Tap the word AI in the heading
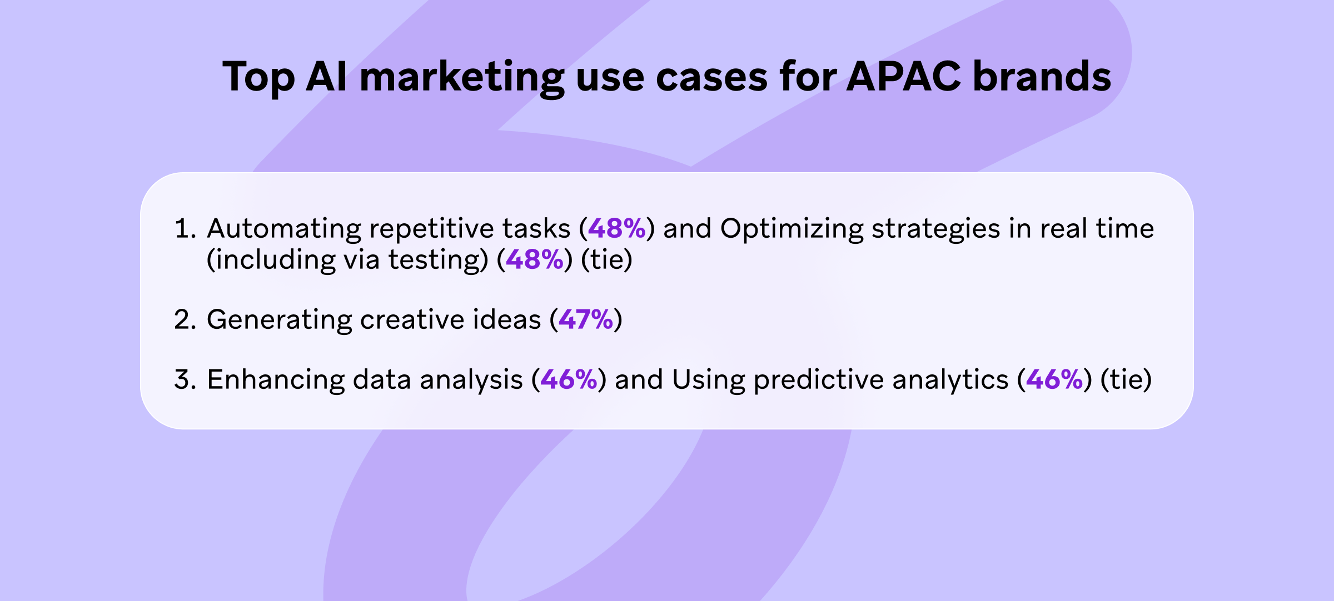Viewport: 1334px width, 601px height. pyautogui.click(x=327, y=76)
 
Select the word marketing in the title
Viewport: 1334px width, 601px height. pyautogui.click(x=462, y=78)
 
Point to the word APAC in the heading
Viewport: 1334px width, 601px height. pyautogui.click(x=904, y=76)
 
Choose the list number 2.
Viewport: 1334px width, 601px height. pyautogui.click(x=185, y=320)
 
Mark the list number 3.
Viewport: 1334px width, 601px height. pyautogui.click(x=185, y=380)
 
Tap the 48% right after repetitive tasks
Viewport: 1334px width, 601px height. pyautogui.click(x=617, y=228)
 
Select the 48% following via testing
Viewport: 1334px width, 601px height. pyautogui.click(x=535, y=259)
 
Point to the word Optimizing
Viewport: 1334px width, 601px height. pyautogui.click(x=792, y=230)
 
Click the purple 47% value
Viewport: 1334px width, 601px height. pyautogui.click(x=586, y=319)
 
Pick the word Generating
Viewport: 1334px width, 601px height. pyautogui.click(x=280, y=321)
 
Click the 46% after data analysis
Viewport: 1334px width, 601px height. pyautogui.click(x=569, y=379)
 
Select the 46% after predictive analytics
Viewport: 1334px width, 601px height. pyautogui.click(x=1054, y=379)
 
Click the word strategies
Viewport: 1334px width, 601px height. pyautogui.click(x=936, y=230)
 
